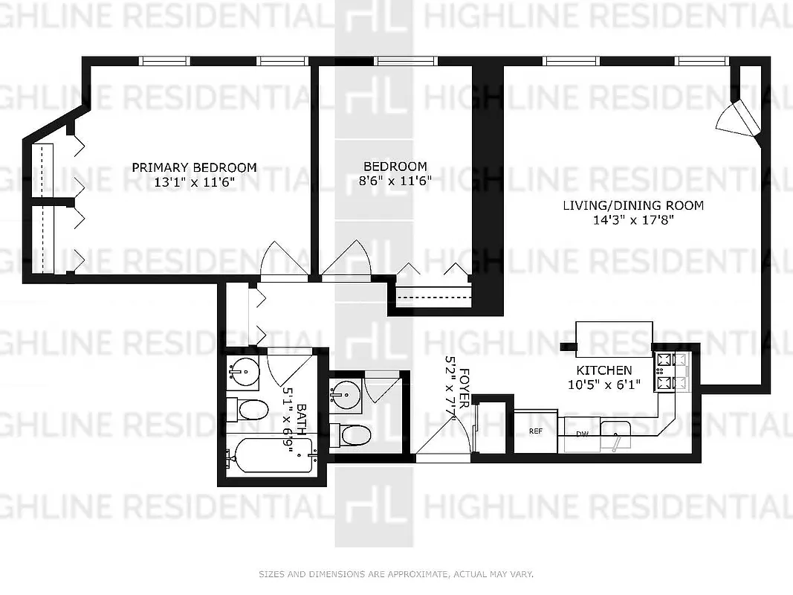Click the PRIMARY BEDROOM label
pos(194,167)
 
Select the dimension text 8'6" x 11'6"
pos(395,181)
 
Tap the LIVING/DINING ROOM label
pos(632,205)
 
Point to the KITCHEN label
pos(604,370)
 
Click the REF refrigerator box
pos(535,431)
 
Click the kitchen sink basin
pos(616,429)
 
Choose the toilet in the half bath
pos(352,434)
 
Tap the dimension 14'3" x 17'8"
pos(632,220)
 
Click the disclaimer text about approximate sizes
pos(396,574)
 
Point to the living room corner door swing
pos(737,119)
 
